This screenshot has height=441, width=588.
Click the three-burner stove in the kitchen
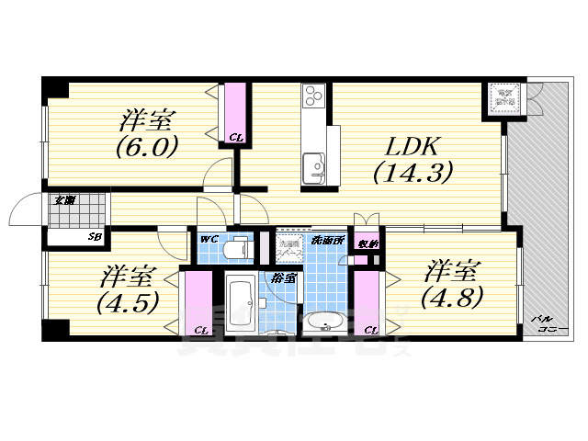pos(313,96)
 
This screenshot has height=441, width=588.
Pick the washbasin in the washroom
pos(323,322)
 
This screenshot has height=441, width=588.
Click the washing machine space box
pos(290,247)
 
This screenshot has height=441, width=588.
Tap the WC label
pos(208,240)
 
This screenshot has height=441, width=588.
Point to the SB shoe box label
pos(94,237)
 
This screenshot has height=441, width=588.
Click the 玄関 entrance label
pos(63,199)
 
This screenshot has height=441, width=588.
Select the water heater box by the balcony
pos(504,97)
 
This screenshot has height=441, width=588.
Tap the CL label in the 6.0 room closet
pos(236,139)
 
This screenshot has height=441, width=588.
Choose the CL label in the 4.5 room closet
pos(200,330)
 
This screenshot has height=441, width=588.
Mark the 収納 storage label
pos(367,243)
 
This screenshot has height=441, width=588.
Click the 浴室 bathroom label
pos(276,277)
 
